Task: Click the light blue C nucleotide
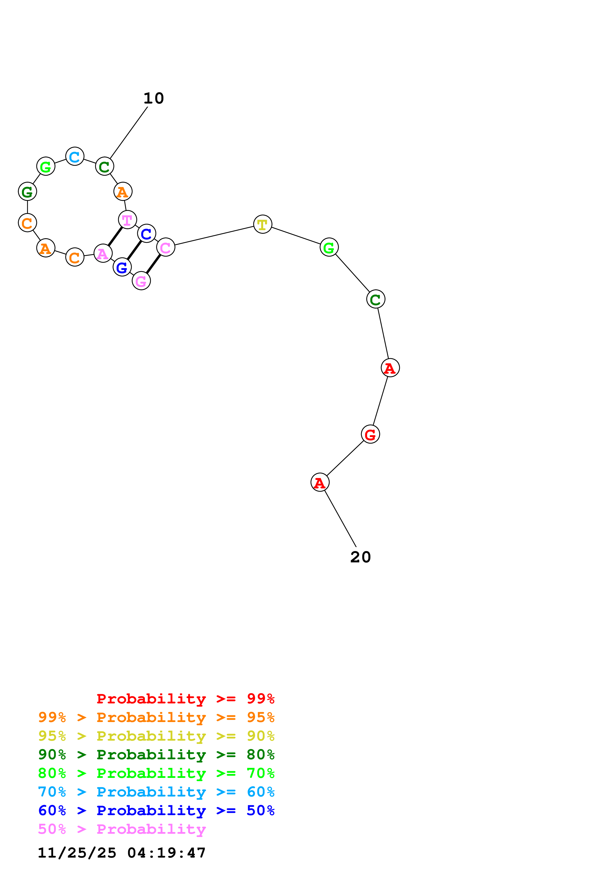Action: click(75, 156)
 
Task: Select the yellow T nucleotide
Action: click(263, 224)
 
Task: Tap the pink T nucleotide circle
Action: click(127, 220)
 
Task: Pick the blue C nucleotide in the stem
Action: click(147, 234)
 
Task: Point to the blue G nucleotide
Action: click(122, 267)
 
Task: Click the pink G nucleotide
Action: click(141, 281)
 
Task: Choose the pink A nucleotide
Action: click(103, 254)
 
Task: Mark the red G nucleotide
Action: click(370, 434)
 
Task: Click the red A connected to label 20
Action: click(320, 482)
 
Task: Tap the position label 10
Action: click(154, 99)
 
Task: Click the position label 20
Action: click(361, 557)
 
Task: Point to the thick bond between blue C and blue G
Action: click(134, 250)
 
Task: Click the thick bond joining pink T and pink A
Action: click(115, 236)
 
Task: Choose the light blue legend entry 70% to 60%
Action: click(156, 792)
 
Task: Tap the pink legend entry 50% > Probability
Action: click(122, 829)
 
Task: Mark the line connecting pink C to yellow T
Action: click(214, 236)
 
